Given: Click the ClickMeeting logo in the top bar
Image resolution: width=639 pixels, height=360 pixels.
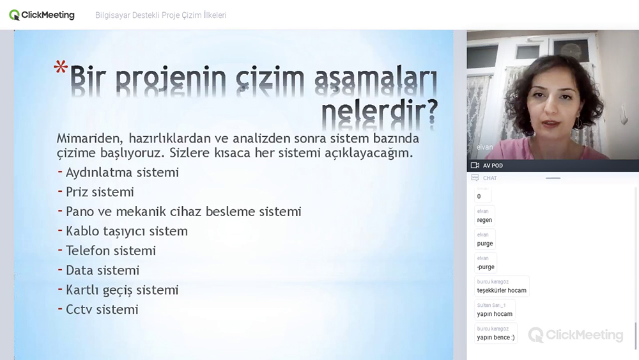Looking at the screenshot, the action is [x=42, y=15].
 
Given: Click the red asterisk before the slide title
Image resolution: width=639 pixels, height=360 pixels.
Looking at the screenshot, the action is [x=61, y=67].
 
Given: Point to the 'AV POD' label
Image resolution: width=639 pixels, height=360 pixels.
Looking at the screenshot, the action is [x=493, y=166].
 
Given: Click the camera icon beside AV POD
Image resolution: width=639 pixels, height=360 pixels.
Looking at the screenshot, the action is [x=475, y=165].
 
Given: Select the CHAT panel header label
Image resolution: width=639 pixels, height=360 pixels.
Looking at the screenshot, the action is [x=490, y=178].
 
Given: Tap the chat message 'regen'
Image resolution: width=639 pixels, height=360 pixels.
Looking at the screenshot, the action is [x=484, y=220].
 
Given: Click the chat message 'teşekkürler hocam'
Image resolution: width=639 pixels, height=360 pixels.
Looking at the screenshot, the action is [x=502, y=291].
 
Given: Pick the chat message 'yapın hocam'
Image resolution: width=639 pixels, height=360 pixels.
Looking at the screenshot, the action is [x=495, y=314].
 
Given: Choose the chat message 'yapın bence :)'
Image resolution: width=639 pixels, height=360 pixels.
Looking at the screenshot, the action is [x=496, y=338].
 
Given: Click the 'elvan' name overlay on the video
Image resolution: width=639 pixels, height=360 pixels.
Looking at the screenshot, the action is [x=484, y=147].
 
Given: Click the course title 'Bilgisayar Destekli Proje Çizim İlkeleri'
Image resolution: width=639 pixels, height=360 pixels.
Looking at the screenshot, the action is [x=160, y=15].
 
